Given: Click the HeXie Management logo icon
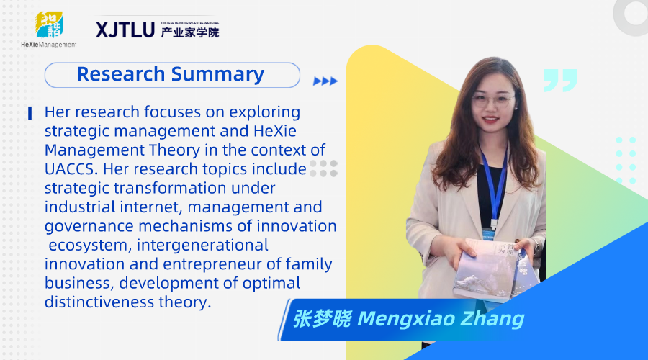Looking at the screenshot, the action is click(49, 24).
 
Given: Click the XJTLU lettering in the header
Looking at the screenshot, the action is click(125, 30).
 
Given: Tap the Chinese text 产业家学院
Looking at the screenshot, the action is click(190, 32).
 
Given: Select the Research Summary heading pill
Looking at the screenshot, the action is click(172, 75).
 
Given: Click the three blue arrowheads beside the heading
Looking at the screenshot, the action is click(325, 81).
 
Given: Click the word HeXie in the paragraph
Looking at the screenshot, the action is click(275, 131).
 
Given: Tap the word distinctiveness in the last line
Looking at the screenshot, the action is click(99, 302).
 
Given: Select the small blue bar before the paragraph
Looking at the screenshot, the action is click(30, 113).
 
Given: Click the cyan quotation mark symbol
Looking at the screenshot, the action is click(560, 80).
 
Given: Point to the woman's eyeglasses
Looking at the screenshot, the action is click(493, 99).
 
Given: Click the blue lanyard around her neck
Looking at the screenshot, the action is click(495, 186).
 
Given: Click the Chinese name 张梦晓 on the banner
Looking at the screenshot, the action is click(322, 319).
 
